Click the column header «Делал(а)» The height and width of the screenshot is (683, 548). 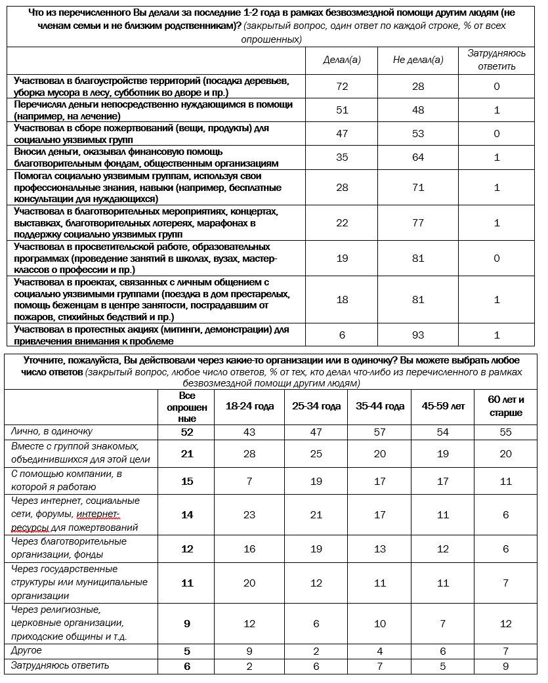tap(342, 60)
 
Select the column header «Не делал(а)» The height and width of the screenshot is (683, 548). tap(418, 60)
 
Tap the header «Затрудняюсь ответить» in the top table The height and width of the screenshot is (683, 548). tap(496, 60)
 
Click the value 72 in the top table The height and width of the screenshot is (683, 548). tap(342, 87)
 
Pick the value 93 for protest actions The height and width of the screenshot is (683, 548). tap(418, 335)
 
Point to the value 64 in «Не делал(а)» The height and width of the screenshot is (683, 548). tap(418, 157)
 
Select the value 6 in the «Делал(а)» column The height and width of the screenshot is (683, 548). tap(342, 335)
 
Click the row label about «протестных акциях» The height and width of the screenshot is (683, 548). tap(151, 335)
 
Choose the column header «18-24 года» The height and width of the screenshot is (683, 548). tap(249, 406)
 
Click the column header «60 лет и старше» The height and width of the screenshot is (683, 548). tap(505, 406)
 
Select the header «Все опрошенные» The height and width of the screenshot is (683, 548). tap(187, 407)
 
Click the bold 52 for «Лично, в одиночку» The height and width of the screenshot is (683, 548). tap(187, 432)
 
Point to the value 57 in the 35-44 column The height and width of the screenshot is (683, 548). tap(380, 432)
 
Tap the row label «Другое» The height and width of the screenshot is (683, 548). tap(27, 651)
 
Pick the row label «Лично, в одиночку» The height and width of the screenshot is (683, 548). tap(52, 432)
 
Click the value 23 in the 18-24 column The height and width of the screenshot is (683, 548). tap(249, 515)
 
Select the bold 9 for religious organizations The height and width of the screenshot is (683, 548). tap(187, 624)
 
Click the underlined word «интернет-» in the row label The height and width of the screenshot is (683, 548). tap(98, 514)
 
